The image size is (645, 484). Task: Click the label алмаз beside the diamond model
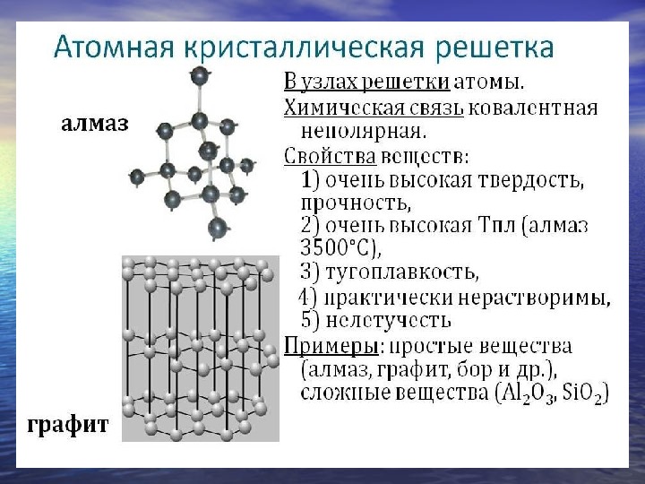tap(94, 124)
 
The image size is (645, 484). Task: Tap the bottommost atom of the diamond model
tap(216, 229)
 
